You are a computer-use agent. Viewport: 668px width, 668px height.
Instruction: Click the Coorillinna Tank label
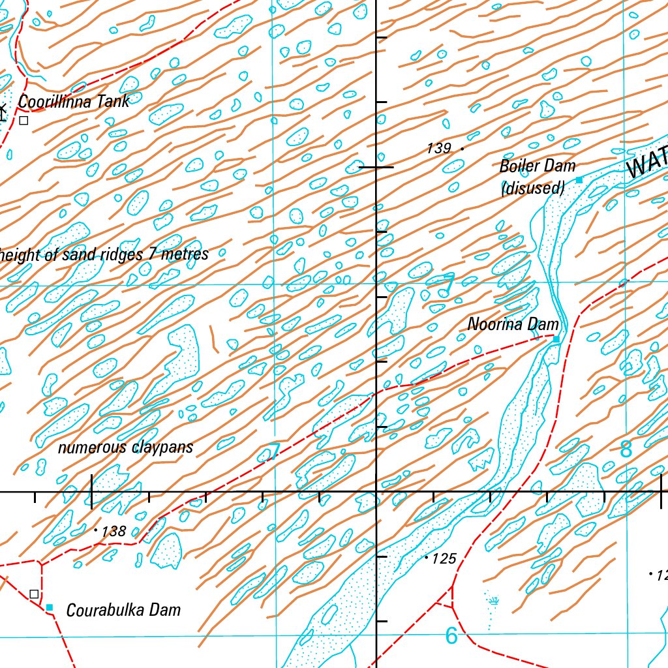[x=73, y=101]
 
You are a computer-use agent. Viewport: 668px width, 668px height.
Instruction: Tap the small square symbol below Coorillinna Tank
[x=23, y=120]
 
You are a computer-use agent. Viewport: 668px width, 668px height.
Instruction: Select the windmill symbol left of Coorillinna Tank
[x=3, y=111]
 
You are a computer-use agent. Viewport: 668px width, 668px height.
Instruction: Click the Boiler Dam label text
[x=538, y=166]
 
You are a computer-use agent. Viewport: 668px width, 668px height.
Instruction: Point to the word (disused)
[x=532, y=189]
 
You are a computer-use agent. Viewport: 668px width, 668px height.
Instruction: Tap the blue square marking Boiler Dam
[x=579, y=180]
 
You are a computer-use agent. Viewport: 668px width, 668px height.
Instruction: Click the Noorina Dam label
[x=513, y=324]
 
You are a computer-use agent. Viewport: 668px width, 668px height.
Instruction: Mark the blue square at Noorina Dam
[x=556, y=339]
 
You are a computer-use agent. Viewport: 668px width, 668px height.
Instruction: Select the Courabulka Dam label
[x=123, y=611]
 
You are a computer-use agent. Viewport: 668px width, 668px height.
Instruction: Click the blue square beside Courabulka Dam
[x=50, y=607]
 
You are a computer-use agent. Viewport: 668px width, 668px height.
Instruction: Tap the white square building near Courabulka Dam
[x=34, y=594]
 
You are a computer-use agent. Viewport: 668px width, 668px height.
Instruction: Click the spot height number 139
[x=438, y=149]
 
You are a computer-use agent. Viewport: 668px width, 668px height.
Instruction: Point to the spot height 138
[x=114, y=532]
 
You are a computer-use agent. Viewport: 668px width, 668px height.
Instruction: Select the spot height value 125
[x=445, y=559]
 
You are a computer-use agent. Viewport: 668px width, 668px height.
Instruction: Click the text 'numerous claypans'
[x=125, y=448]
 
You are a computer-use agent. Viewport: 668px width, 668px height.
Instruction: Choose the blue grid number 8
[x=626, y=449]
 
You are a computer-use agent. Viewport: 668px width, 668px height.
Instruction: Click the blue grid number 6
[x=451, y=635]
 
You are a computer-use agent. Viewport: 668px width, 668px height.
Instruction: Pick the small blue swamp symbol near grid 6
[x=494, y=600]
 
